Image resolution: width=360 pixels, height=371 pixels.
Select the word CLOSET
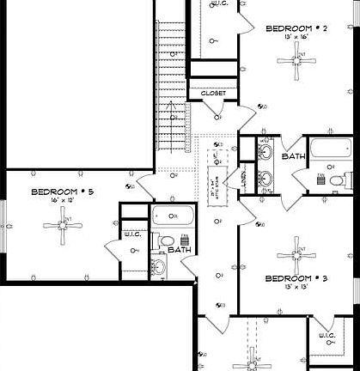pos(212,93)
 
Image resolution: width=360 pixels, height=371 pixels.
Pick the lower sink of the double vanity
pos(265,179)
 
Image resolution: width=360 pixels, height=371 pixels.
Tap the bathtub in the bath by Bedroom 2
pos(326,149)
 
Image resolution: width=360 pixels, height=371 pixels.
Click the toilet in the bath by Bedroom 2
pos(347,179)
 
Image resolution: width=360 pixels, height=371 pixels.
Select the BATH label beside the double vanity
pos(294,157)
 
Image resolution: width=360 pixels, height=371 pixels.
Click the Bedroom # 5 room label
pos(63,192)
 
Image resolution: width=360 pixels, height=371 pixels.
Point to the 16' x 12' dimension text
pos(63,201)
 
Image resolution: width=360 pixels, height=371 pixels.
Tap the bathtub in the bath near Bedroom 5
pos(171,216)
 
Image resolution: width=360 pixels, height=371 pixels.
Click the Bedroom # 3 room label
pos(296,278)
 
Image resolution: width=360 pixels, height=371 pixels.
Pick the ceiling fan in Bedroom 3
pos(297,254)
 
